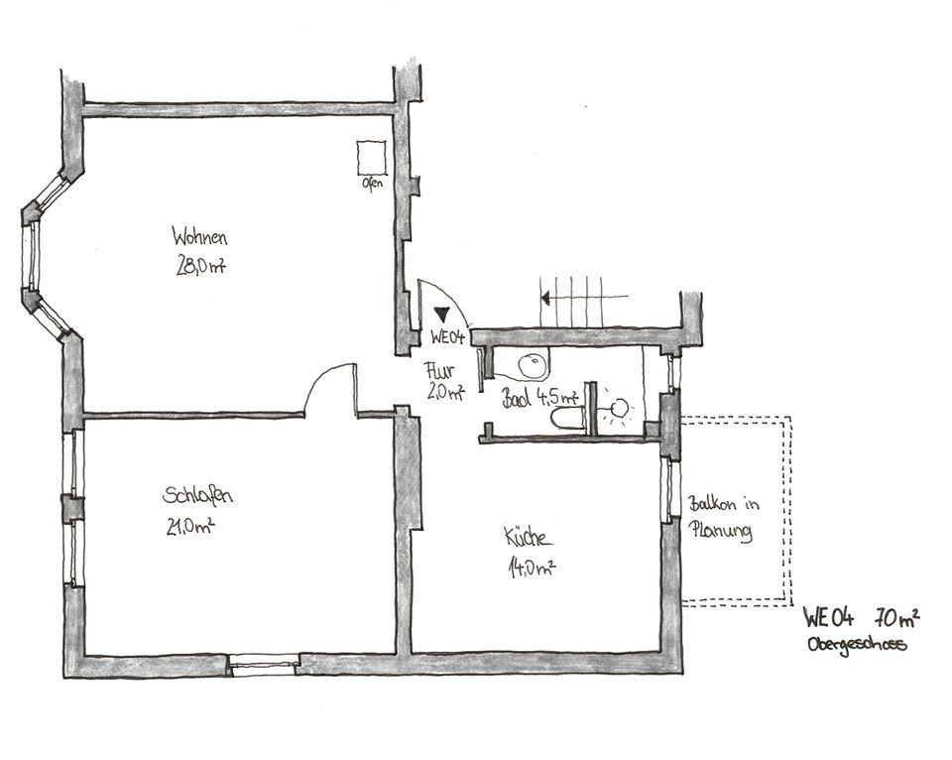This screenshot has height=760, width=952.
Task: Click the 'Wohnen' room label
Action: [x=199, y=236]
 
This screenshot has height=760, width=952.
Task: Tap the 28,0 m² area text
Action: [x=201, y=265]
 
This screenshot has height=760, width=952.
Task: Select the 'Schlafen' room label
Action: [x=197, y=494]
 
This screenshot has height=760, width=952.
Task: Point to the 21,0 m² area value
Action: [x=190, y=526]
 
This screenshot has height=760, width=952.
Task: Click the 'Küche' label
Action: [x=529, y=536]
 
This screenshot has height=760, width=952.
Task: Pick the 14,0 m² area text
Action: [x=532, y=568]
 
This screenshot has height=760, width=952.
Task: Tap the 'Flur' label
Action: [x=438, y=370]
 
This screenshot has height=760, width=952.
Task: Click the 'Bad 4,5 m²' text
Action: [x=539, y=397]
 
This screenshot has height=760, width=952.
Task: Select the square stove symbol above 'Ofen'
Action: [x=372, y=158]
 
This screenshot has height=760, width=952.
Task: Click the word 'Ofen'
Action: [x=372, y=183]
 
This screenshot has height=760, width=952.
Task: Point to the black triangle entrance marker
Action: [x=442, y=315]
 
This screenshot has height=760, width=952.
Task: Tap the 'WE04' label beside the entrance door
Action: [x=447, y=336]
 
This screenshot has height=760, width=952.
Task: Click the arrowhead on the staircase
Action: [x=545, y=298]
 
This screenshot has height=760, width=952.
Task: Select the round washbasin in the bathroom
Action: [x=534, y=366]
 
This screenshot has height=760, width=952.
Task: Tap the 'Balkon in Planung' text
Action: [x=723, y=518]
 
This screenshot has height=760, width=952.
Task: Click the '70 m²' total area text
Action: [x=896, y=617]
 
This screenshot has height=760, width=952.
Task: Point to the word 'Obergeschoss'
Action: [x=857, y=644]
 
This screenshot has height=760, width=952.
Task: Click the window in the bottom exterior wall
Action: [x=264, y=665]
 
